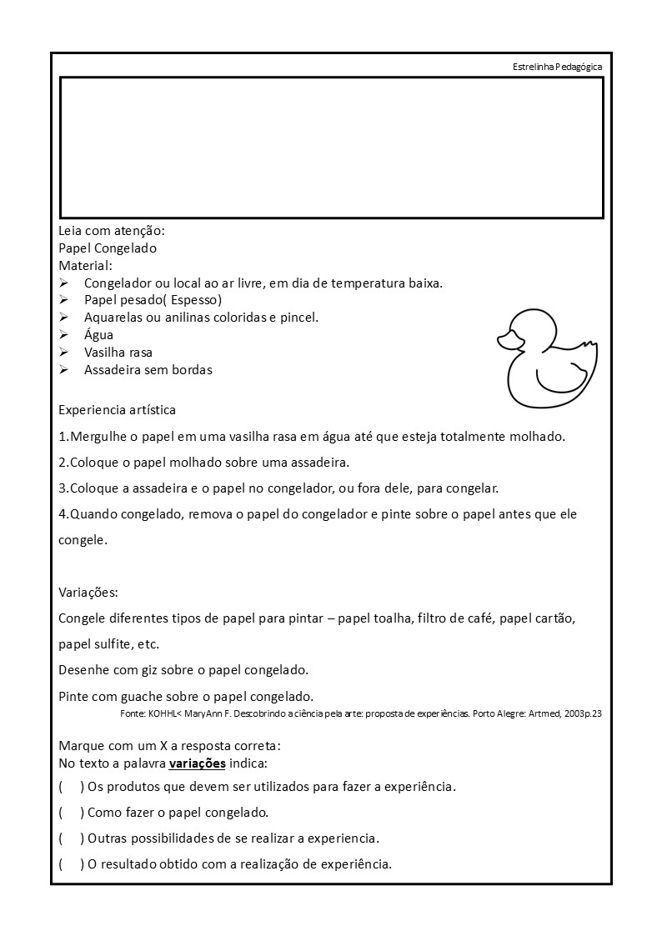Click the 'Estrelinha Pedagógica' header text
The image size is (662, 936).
[x=558, y=67]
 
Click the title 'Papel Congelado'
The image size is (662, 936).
[x=108, y=248]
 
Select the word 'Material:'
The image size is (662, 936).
[x=85, y=266]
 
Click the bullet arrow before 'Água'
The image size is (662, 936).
[x=63, y=335]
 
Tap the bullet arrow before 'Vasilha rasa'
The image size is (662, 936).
[x=63, y=353]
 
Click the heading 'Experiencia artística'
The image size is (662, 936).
[x=118, y=410]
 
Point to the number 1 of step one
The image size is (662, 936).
[x=63, y=436]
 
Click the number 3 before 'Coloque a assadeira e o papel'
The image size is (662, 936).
[x=63, y=488]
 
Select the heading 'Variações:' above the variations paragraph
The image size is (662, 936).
[x=88, y=593]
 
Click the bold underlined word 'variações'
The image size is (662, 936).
[x=197, y=763]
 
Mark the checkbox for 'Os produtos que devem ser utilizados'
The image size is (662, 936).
[x=71, y=787]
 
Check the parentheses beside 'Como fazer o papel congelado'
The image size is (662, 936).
[x=71, y=813]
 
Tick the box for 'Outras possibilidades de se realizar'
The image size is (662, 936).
[x=71, y=838]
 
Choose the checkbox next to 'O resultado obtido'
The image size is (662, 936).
[x=71, y=863]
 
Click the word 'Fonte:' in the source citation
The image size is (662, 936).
[x=133, y=713]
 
